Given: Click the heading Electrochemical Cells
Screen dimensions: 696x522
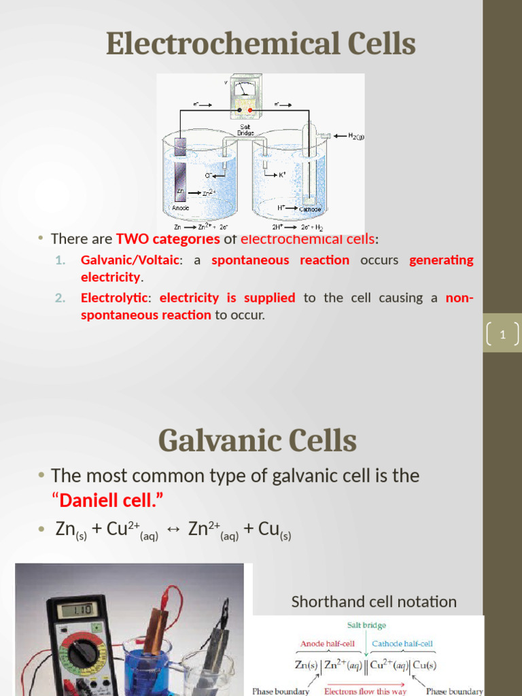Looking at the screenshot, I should (260, 44).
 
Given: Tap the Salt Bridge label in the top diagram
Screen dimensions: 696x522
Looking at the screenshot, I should (245, 130).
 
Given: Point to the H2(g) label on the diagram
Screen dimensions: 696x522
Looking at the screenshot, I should (356, 136).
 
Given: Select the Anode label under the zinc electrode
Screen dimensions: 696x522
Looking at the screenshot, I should (180, 208).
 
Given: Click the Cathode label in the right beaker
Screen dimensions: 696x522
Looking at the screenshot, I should (310, 209).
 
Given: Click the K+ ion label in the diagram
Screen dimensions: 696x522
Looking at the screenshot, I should (282, 175).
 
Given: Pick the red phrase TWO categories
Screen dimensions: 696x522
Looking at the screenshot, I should (168, 239).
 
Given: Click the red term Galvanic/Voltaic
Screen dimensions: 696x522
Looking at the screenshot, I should (130, 260).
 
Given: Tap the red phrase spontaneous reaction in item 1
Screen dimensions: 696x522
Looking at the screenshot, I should (280, 260).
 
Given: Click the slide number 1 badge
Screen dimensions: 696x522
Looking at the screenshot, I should (502, 334).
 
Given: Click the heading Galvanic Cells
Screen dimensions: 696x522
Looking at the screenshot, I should (258, 441).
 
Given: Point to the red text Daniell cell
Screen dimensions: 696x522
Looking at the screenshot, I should (108, 501).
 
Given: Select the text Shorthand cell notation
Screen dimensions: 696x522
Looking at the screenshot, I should (374, 602).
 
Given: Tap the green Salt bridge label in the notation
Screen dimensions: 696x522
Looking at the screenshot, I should (367, 625).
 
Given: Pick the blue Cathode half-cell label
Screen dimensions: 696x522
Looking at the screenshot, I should (402, 643).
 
